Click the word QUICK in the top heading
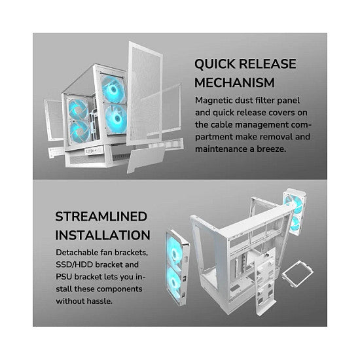(215, 64)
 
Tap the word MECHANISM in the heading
(234, 82)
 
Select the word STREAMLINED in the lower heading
(101, 216)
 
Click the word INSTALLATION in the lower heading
(103, 235)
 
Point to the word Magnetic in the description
(214, 101)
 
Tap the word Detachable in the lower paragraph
(77, 253)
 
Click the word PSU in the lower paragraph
(63, 277)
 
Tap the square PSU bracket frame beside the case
(297, 274)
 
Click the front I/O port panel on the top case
(94, 151)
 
